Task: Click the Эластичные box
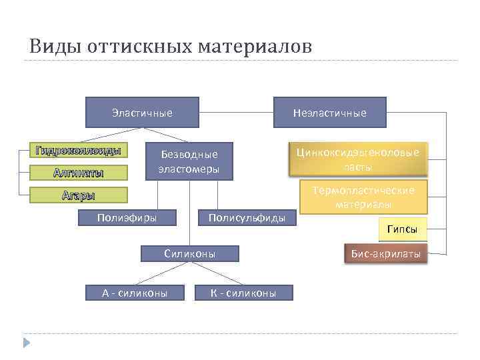pos(142,113)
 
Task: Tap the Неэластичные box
pos(329,113)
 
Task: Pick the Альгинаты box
pos(78,173)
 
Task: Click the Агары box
pos(78,195)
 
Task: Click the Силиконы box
pos(190,253)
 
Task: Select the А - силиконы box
pos(134,293)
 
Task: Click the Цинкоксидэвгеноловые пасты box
pos(357,159)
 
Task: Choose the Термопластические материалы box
pos(363,197)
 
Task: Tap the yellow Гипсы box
pos(402,229)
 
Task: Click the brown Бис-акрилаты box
pos(385,254)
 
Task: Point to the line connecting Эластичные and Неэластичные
pos(236,112)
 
